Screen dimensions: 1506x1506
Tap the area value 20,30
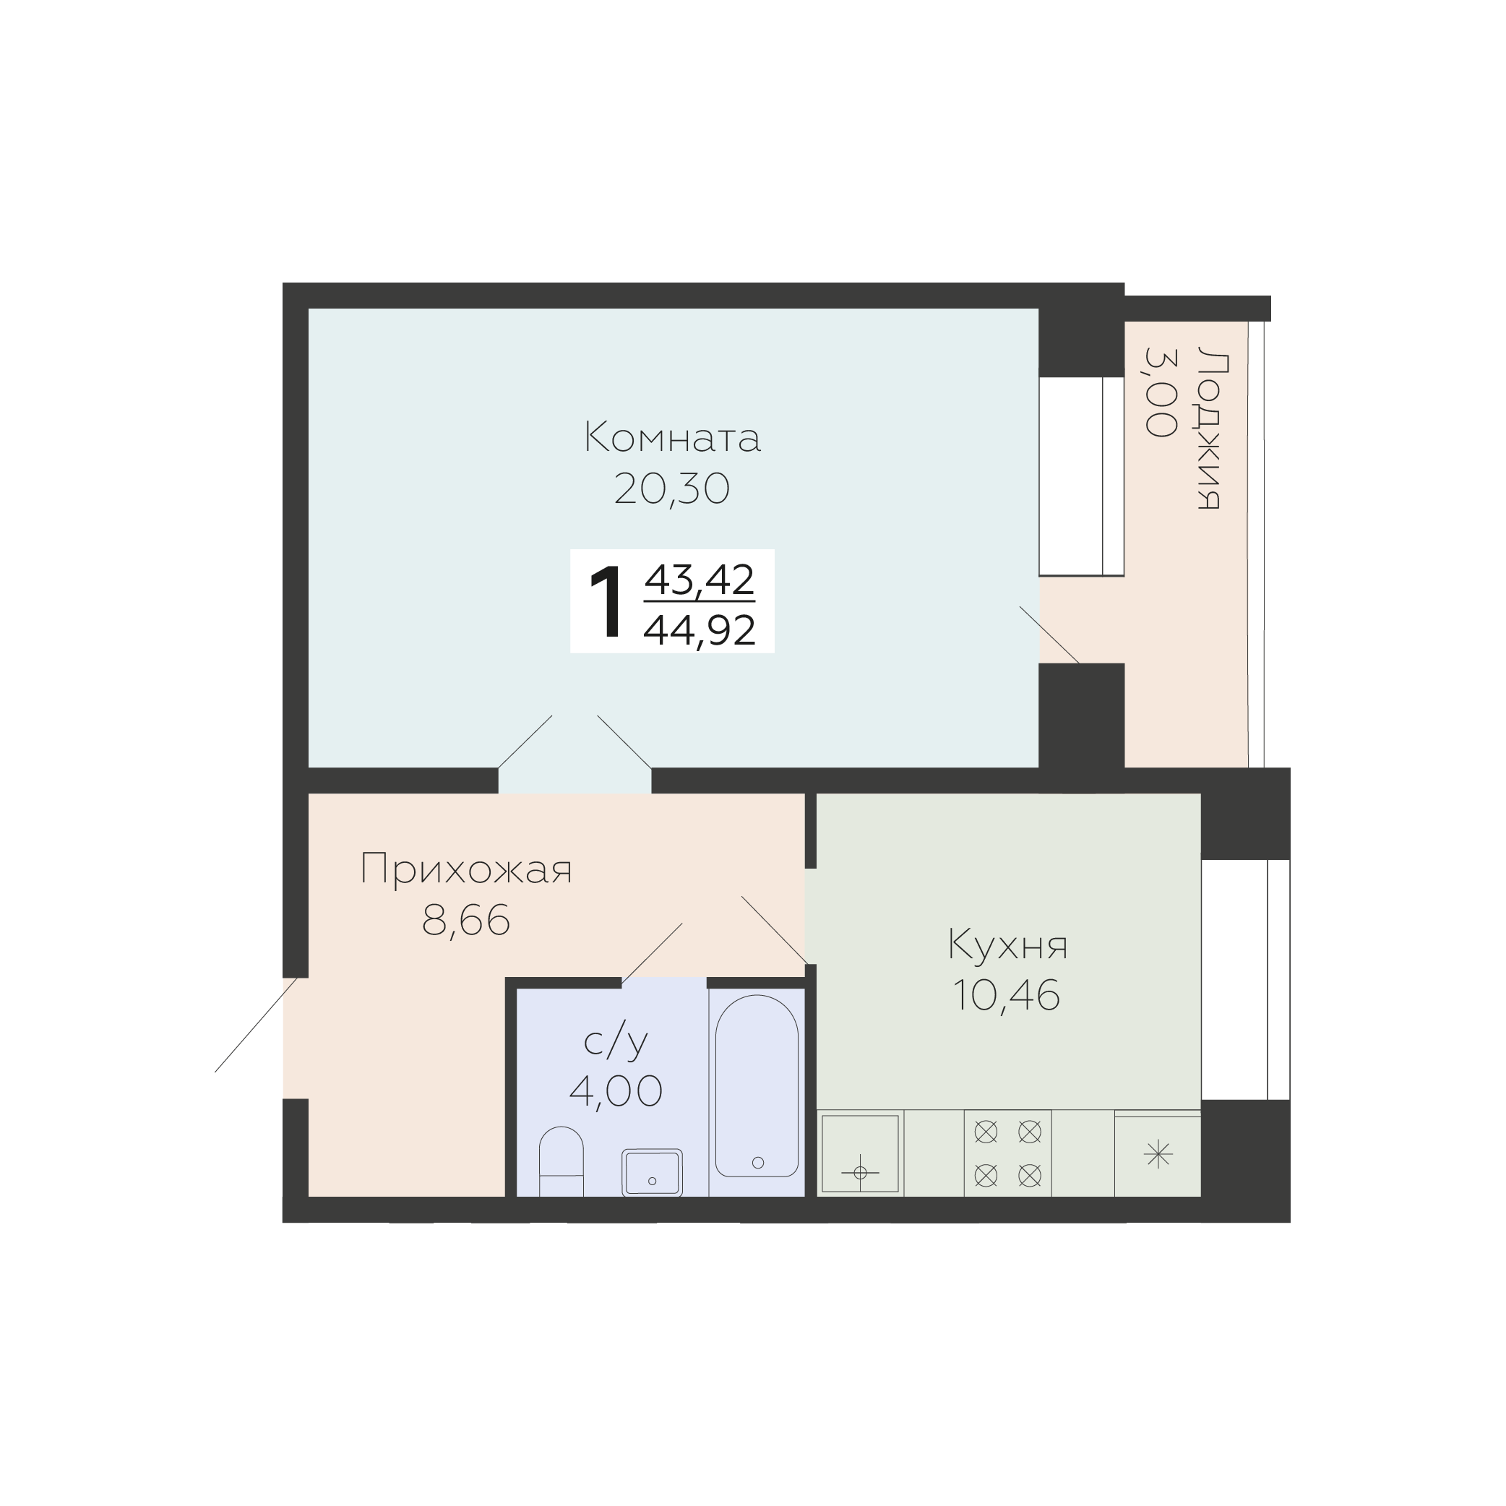(672, 489)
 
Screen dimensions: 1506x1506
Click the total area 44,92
(700, 630)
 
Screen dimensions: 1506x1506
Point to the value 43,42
(700, 579)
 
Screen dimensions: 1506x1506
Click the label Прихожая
(466, 869)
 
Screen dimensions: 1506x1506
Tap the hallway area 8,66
(466, 921)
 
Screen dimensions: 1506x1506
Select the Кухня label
(1007, 945)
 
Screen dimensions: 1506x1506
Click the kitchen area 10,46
(1007, 995)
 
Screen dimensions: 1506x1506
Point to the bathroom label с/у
(616, 1041)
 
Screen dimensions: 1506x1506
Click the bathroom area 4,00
(616, 1090)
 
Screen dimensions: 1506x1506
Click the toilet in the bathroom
(561, 1161)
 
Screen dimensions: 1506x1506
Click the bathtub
(757, 1086)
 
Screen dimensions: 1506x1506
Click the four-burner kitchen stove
(1008, 1153)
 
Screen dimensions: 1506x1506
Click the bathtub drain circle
(757, 1163)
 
